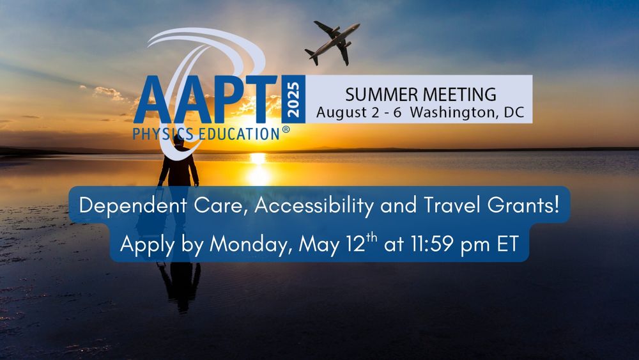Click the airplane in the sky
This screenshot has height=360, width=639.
[x=332, y=42]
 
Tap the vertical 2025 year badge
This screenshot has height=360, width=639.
[x=293, y=99]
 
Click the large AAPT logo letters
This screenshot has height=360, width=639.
[x=205, y=100]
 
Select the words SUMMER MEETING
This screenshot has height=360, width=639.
[x=420, y=95]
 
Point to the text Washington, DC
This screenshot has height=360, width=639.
[x=466, y=113]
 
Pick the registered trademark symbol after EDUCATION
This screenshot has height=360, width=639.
[x=286, y=130]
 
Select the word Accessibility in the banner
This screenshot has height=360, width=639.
[x=314, y=206]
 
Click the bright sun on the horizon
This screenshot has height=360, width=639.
[x=258, y=157]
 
